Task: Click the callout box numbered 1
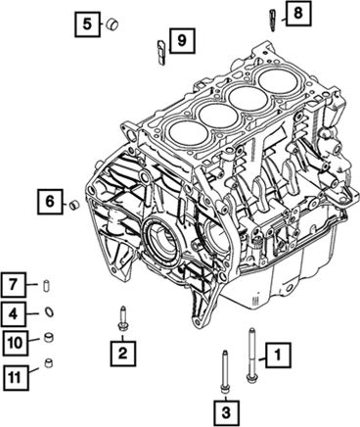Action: (278, 355)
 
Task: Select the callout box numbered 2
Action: (122, 353)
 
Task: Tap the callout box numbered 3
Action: (226, 412)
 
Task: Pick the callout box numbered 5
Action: (87, 24)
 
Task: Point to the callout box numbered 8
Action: (298, 14)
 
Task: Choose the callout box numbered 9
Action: (182, 40)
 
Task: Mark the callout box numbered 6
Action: (50, 202)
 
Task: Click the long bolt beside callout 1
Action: (251, 356)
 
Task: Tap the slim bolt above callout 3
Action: (224, 372)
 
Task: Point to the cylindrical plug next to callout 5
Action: (112, 24)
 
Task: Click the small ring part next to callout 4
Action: (49, 311)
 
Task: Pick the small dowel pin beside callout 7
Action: (46, 285)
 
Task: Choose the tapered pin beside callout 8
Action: (272, 21)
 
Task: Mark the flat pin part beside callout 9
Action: (161, 52)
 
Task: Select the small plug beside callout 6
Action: (75, 205)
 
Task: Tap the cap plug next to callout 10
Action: (48, 338)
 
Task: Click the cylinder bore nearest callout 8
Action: (278, 83)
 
